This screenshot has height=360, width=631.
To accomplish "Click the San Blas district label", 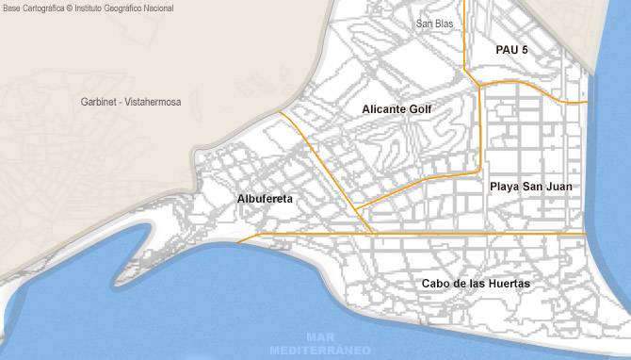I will tap(434, 24).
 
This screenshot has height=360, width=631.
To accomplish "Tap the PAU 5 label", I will tap(511, 49).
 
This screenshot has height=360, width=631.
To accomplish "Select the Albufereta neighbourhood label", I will tap(266, 199).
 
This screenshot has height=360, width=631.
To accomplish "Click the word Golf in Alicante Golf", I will tap(420, 109).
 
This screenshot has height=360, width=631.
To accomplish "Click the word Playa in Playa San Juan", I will tap(505, 187).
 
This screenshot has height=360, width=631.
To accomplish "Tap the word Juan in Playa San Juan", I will tap(558, 187).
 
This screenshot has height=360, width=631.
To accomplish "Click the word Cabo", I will tap(436, 284).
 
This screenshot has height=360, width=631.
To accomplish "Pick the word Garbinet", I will tap(101, 101).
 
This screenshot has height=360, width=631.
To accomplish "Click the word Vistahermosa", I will tap(153, 101).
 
